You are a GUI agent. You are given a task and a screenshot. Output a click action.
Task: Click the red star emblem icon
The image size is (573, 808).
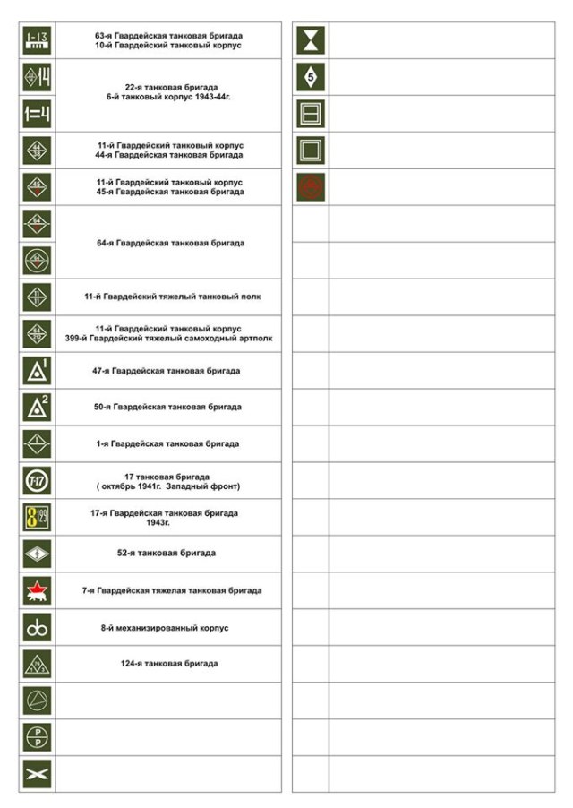pos(37,590)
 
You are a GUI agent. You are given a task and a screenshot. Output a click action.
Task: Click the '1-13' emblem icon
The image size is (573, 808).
pos(37,40)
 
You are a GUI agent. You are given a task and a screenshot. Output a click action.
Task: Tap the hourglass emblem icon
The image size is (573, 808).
pos(312,40)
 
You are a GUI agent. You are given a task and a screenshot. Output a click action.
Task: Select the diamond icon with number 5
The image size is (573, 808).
pos(312,77)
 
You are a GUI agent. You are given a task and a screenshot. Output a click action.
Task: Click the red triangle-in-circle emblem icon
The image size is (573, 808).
pos(312,186)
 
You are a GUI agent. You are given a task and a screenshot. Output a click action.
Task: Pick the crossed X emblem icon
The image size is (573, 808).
pos(37,773)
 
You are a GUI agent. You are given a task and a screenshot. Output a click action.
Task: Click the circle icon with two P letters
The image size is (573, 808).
pos(37,736)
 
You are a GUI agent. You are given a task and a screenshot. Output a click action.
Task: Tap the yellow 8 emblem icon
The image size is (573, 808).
pos(37,517)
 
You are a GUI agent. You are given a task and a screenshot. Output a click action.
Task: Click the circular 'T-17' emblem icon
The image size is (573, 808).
pos(37,480)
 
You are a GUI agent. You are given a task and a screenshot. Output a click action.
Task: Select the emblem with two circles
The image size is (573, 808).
pos(37,627)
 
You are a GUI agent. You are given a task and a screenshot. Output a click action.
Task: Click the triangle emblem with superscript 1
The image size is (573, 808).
pos(37,370)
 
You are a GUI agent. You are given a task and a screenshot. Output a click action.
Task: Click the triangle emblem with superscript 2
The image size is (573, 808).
pos(37,407)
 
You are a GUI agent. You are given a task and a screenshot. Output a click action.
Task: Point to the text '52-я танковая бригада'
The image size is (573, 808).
pos(167,553)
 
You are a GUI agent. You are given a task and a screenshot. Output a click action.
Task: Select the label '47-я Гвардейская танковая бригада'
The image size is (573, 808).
pos(167,370)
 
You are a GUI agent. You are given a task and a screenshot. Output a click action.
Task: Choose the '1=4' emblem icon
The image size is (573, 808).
pos(37,114)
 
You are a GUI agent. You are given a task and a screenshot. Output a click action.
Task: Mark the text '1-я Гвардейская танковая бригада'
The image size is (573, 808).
pos(168,443)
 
